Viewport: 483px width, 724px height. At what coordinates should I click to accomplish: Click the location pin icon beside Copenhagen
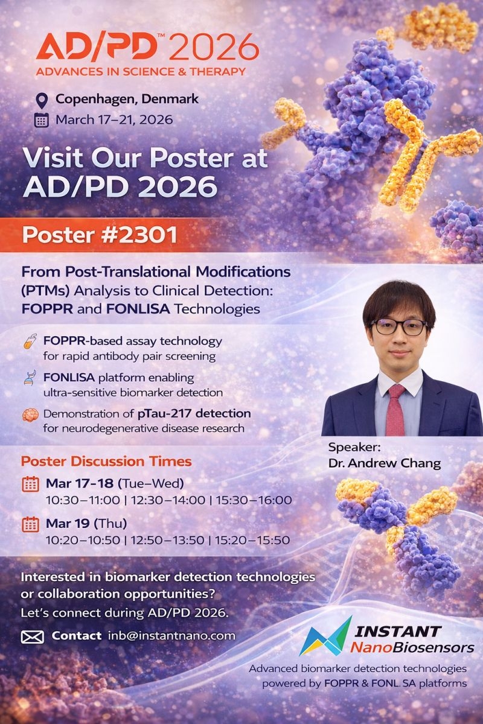coord(42,101)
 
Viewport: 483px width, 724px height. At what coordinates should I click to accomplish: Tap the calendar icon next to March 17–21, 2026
coord(42,120)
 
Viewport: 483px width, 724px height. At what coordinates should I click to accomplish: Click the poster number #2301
coord(139,235)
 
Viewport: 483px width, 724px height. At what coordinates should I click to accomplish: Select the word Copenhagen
coord(97,99)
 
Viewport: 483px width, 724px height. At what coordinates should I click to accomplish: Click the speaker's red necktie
coord(395,410)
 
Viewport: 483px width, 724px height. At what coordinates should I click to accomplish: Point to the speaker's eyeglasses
coord(398,327)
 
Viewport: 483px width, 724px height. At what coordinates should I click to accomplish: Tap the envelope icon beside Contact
coord(33,637)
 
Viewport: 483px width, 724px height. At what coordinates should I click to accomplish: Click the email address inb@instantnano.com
coord(171,635)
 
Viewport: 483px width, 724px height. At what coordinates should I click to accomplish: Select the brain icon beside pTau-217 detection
coord(30,415)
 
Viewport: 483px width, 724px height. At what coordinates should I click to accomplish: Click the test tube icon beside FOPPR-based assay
coord(30,341)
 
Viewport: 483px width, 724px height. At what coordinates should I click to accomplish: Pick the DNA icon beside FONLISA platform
coord(30,378)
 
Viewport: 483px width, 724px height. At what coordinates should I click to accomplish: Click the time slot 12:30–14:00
coord(168,500)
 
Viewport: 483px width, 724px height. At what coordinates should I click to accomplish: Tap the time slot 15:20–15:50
coord(252,540)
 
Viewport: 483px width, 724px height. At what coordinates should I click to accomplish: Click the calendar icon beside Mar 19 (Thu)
coord(30,524)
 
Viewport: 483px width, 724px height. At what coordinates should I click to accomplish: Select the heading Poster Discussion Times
coord(106,461)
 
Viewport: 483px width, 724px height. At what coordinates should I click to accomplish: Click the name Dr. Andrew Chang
coord(385,463)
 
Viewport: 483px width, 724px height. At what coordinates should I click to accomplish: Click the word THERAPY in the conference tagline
coord(217,71)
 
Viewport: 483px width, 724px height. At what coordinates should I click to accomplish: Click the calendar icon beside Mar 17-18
coord(30,484)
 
